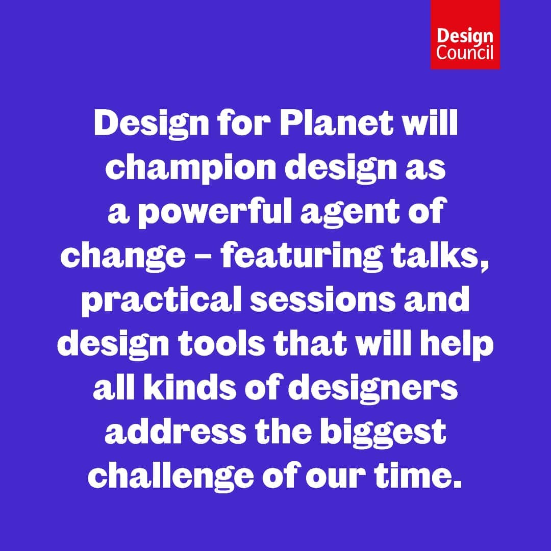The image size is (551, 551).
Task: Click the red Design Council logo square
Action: click(x=465, y=35)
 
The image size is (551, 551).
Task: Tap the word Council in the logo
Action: click(x=465, y=53)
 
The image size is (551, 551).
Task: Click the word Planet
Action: click(x=336, y=123)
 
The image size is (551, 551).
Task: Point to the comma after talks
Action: click(x=485, y=266)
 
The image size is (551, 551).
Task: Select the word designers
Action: click(x=373, y=389)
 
